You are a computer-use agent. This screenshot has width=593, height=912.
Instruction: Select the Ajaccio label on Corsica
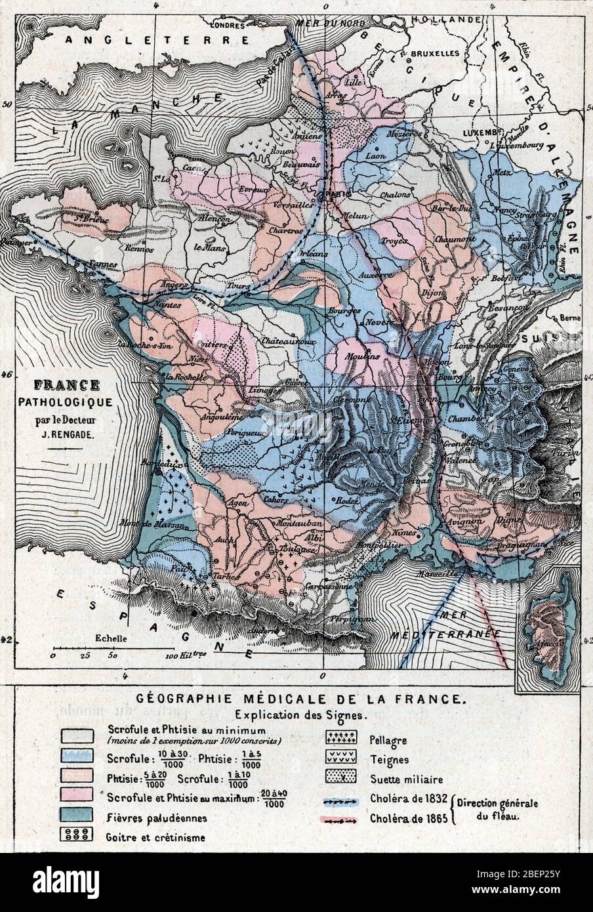click(x=550, y=642)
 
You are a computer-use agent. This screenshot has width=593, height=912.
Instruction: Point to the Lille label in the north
click(x=353, y=83)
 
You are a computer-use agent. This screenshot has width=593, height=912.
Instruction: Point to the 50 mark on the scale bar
click(x=113, y=655)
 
